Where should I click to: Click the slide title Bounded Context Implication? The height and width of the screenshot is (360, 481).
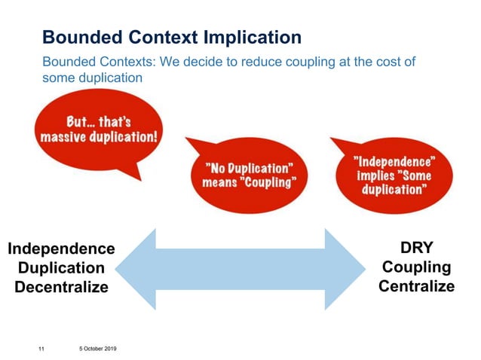[172, 37]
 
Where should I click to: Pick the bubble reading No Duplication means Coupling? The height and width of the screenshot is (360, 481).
[248, 175]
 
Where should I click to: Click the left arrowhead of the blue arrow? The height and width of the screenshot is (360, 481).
[136, 269]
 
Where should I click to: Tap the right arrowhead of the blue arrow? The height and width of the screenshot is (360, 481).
[344, 269]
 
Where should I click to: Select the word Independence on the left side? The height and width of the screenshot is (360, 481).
[61, 249]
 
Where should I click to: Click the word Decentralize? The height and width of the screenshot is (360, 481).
[61, 287]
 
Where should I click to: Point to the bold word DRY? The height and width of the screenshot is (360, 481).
[416, 249]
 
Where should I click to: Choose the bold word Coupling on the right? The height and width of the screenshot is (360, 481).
[416, 267]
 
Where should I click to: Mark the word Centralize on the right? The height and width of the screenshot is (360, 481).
[416, 286]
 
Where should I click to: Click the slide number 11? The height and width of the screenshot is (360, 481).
[41, 349]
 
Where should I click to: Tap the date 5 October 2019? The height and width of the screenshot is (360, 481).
[96, 349]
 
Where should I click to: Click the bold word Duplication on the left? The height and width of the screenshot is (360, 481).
[61, 268]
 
